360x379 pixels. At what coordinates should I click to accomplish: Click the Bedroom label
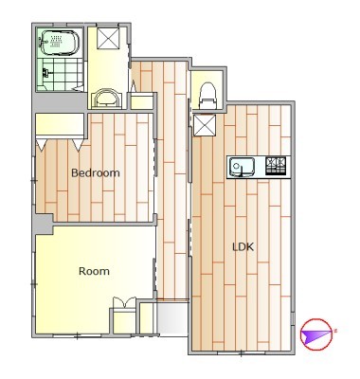(96, 173)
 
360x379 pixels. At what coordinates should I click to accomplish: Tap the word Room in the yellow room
(94, 271)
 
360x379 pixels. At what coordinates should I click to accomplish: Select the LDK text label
(243, 246)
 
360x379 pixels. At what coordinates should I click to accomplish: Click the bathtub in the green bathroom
(59, 44)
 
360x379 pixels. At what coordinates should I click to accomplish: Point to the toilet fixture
(207, 96)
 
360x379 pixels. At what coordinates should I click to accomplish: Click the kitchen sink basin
(242, 167)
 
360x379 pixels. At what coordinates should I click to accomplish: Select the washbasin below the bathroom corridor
(107, 99)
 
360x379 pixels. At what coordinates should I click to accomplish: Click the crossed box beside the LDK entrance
(205, 125)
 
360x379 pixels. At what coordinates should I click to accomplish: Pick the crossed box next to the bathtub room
(108, 38)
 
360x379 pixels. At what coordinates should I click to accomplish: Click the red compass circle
(316, 334)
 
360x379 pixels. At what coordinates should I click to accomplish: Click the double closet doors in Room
(124, 302)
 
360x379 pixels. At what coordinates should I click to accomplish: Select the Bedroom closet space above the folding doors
(60, 124)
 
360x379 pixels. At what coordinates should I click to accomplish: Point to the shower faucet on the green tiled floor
(46, 73)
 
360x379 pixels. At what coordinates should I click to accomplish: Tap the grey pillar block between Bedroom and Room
(44, 225)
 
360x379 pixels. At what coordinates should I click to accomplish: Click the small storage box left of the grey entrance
(147, 318)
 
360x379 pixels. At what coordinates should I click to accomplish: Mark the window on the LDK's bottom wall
(242, 352)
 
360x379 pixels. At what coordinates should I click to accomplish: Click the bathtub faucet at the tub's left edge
(42, 42)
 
